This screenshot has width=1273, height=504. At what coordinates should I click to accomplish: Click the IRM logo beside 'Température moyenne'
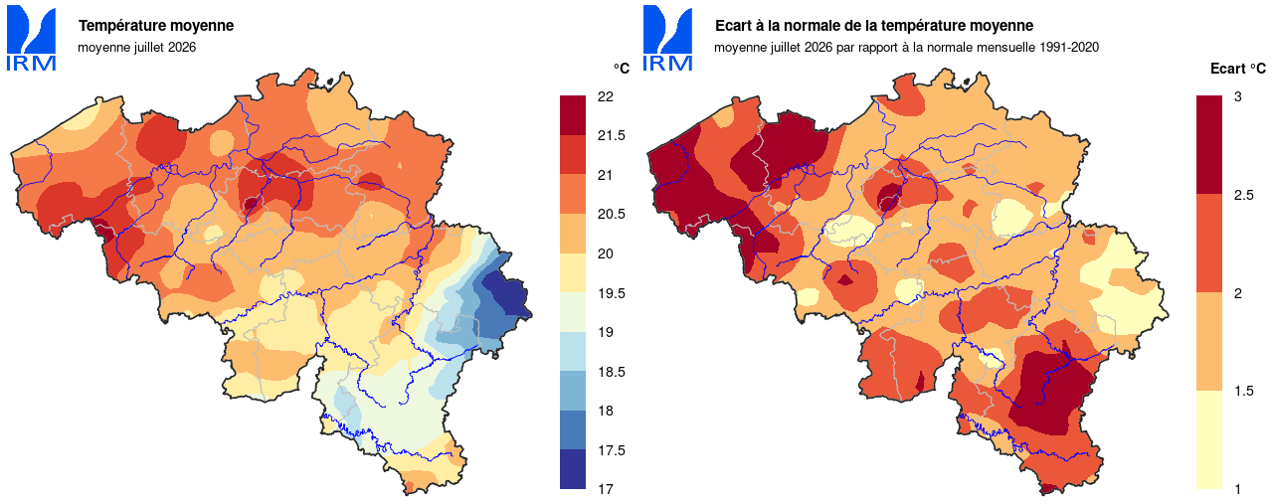pyautogui.click(x=31, y=38)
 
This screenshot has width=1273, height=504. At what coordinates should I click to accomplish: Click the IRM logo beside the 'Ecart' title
pyautogui.click(x=667, y=38)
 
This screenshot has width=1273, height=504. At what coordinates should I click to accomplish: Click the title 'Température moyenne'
pyautogui.click(x=156, y=26)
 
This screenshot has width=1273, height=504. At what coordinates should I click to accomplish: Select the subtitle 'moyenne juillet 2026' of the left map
pyautogui.click(x=137, y=47)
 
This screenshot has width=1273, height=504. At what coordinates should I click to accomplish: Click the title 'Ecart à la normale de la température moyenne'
pyautogui.click(x=874, y=26)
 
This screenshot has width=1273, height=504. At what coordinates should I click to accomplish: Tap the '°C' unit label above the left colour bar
pyautogui.click(x=622, y=69)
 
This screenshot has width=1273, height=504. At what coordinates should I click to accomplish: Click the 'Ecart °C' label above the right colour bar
pyautogui.click(x=1238, y=69)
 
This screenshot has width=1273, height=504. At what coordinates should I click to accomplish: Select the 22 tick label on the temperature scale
pyautogui.click(x=606, y=96)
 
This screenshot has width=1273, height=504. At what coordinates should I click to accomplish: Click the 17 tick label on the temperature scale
pyautogui.click(x=606, y=489)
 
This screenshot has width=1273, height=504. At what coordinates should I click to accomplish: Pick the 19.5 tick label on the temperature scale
pyautogui.click(x=612, y=293)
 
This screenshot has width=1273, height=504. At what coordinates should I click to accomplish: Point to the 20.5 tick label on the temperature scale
pyautogui.click(x=612, y=214)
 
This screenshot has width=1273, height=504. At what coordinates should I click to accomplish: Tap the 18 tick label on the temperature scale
pyautogui.click(x=606, y=411)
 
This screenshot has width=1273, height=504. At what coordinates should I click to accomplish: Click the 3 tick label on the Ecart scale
pyautogui.click(x=1238, y=96)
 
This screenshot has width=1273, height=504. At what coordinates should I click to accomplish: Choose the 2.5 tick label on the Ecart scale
pyautogui.click(x=1244, y=196)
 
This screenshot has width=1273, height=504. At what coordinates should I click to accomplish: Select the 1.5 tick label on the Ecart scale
pyautogui.click(x=1244, y=391)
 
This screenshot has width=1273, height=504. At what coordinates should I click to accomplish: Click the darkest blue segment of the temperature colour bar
pyautogui.click(x=573, y=469)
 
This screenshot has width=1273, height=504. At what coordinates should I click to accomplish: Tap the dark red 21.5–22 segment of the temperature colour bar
pyautogui.click(x=573, y=115)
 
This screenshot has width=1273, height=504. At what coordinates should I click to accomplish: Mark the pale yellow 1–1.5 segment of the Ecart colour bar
pyautogui.click(x=1209, y=439)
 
